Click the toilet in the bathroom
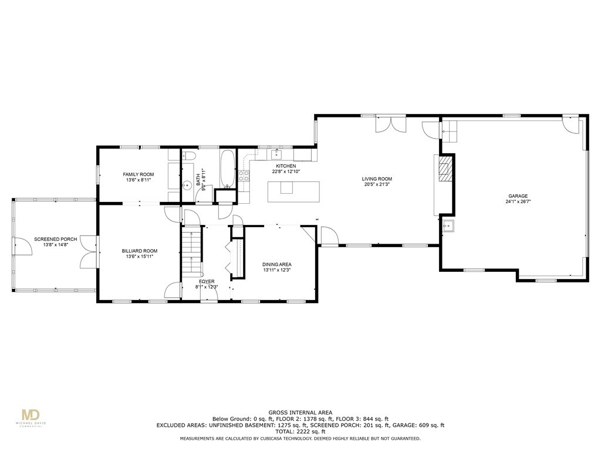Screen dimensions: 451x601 point(188,156)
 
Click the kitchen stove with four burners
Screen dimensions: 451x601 point(244,174)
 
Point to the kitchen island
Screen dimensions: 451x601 point(293,191)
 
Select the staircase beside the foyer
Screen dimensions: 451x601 point(191,251)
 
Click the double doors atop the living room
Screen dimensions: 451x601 point(390,124)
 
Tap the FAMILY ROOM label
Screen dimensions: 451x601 point(139,174)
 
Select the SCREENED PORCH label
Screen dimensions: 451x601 point(55,239)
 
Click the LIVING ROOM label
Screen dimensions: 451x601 point(377,179)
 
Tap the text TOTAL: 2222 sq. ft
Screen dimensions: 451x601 point(300,432)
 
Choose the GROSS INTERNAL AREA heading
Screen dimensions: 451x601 point(300,412)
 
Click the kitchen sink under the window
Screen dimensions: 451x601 point(276,154)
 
